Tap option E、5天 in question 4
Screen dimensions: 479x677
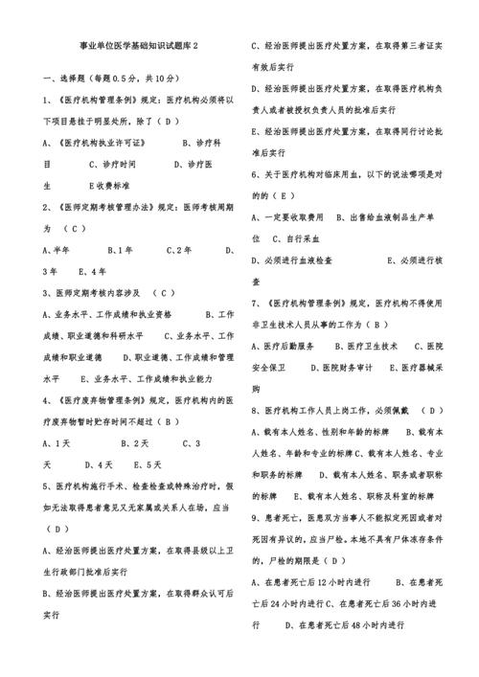(148, 464)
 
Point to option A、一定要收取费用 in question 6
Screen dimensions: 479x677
(288, 217)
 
